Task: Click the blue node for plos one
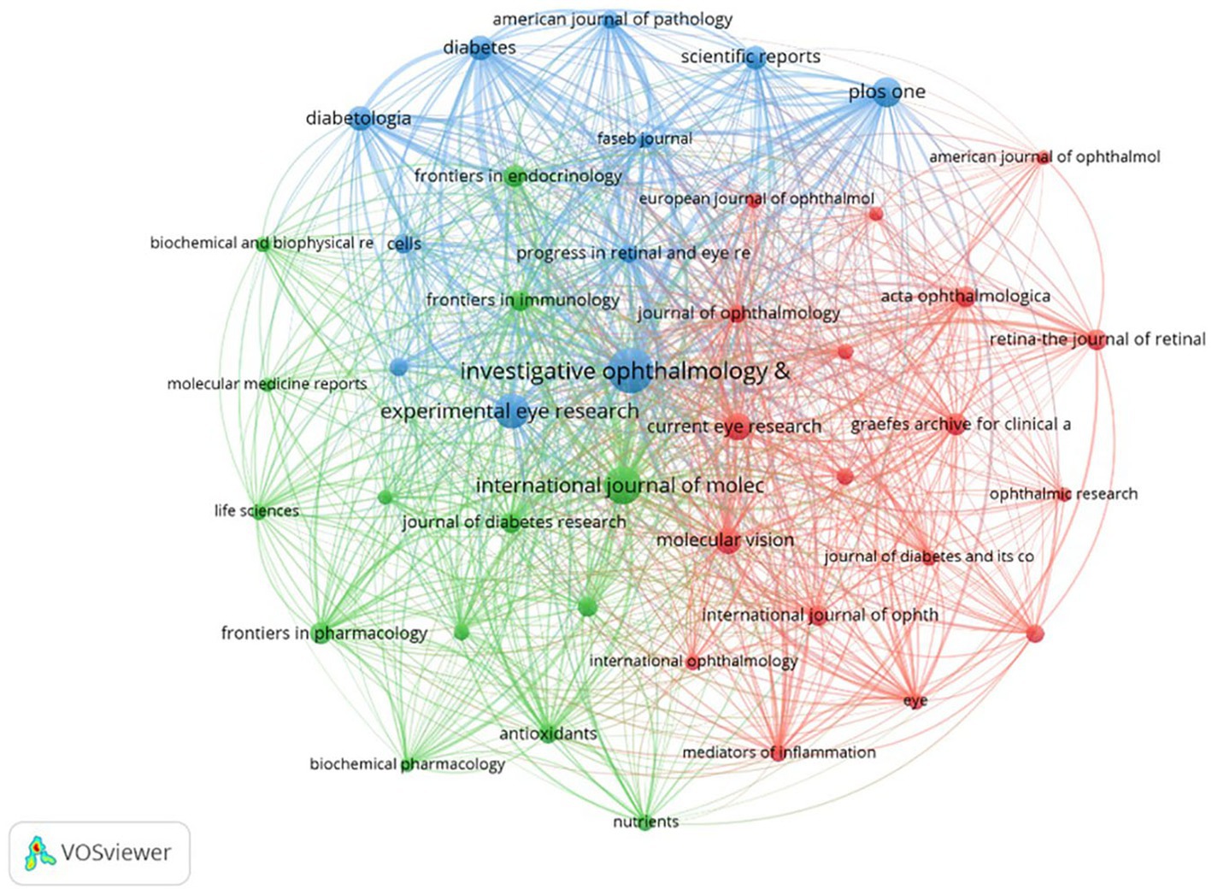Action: coord(887,91)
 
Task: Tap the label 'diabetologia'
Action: coord(358,118)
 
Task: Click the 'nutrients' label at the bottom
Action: coord(645,821)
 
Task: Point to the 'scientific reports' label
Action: coord(750,56)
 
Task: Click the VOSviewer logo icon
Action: coord(39,852)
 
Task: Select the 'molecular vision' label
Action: coord(725,540)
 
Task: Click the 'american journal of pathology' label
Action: coord(612,19)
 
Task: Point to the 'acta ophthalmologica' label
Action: coord(965,296)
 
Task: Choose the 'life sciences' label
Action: coord(256,510)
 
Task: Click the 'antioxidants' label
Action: coord(548,733)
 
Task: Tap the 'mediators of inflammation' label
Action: coord(779,752)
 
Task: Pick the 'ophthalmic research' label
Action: coord(1062,493)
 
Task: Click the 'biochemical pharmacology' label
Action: coord(407,763)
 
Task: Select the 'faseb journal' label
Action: coord(644,138)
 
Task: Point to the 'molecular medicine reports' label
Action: coord(267,384)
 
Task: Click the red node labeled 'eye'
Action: coord(915,701)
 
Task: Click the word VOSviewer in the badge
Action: coord(115,852)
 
